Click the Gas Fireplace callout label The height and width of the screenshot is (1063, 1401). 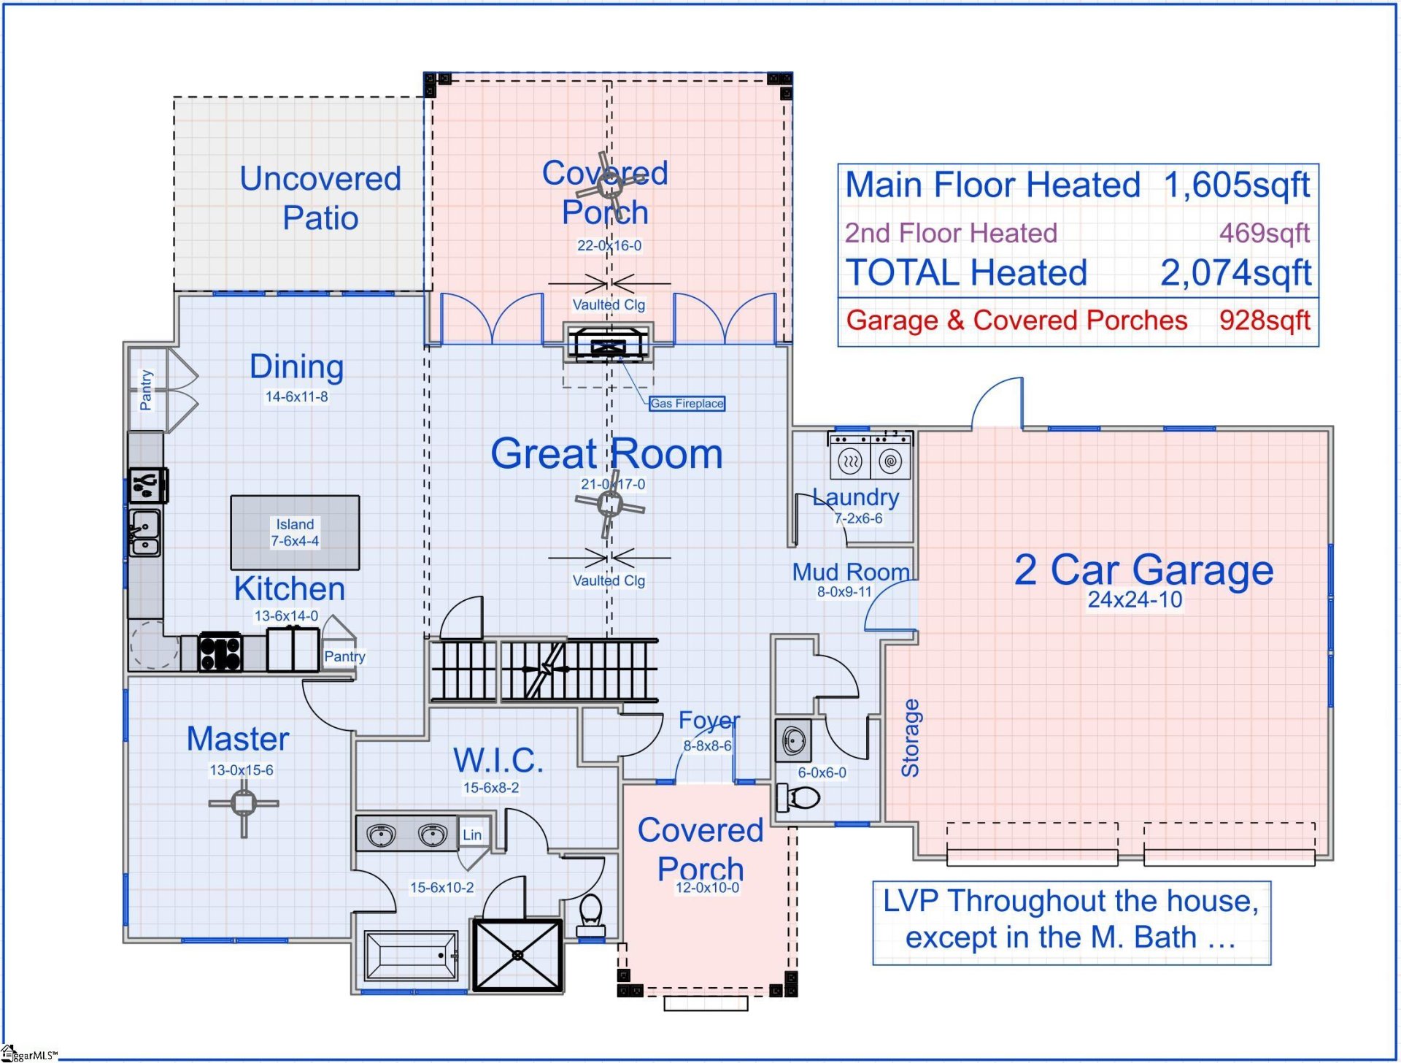(687, 403)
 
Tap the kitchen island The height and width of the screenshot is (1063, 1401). (295, 532)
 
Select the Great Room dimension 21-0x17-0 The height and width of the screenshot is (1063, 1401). (613, 484)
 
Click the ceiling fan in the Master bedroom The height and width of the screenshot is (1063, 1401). (243, 804)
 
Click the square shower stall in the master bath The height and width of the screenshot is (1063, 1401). (518, 955)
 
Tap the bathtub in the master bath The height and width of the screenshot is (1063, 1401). (411, 955)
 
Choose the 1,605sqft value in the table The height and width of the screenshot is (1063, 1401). (1237, 185)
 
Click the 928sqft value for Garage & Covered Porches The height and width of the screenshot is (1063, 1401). (1265, 321)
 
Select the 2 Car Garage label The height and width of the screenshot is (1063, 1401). (1143, 569)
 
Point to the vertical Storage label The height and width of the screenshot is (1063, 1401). (910, 738)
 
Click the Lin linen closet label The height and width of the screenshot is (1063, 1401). (472, 834)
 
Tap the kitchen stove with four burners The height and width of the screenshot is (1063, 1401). (220, 651)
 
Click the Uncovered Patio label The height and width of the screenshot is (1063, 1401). (320, 198)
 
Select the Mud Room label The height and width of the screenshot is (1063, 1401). (851, 572)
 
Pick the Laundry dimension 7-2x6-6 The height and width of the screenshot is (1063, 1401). (858, 518)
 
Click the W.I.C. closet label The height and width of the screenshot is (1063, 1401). (498, 760)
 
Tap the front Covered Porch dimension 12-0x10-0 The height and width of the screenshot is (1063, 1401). (707, 888)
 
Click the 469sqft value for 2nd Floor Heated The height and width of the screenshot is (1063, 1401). (1265, 233)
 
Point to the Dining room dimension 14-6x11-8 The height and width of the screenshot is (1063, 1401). (296, 396)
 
